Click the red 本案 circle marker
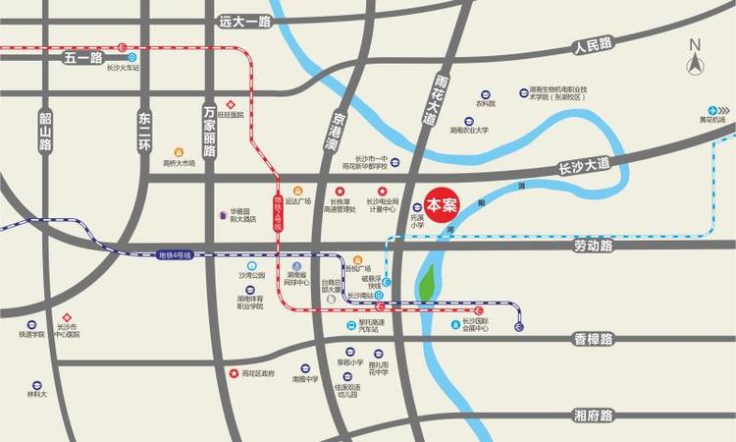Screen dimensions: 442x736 [443, 197]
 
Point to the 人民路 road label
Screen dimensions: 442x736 [593, 44]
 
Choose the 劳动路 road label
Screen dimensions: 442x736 [594, 247]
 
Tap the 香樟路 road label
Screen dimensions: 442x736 [593, 339]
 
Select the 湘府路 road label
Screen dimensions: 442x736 [593, 415]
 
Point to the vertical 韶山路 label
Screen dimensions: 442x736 [45, 130]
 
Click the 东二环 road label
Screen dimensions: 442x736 [145, 130]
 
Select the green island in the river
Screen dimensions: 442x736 [428, 283]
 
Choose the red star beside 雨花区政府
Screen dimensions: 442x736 [234, 373]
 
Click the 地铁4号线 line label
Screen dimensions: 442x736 [176, 254]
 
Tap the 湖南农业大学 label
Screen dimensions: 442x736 [469, 130]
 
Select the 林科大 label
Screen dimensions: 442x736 [36, 395]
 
